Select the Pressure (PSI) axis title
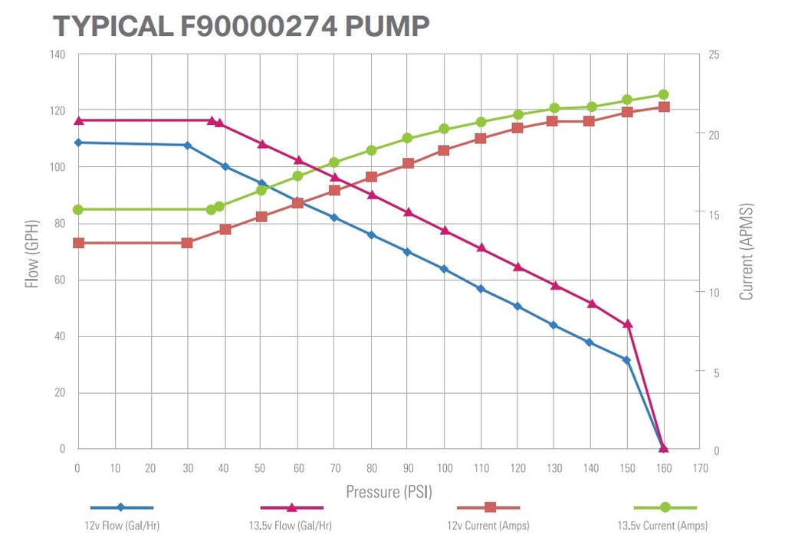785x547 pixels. (389, 491)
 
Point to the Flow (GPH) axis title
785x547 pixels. (32, 251)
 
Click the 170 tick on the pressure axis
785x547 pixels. (700, 467)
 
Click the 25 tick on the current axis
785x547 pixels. (714, 54)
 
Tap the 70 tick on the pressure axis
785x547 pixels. (334, 467)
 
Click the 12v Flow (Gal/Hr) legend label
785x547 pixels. (122, 526)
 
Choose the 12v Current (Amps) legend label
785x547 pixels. (489, 526)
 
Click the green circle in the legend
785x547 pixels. (665, 507)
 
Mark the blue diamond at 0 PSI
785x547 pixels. (78, 142)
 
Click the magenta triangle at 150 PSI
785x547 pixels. (627, 324)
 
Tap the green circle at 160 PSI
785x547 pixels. (664, 95)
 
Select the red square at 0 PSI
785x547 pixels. (78, 243)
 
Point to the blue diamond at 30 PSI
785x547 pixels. (187, 145)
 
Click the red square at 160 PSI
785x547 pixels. (664, 106)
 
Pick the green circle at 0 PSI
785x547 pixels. (78, 209)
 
